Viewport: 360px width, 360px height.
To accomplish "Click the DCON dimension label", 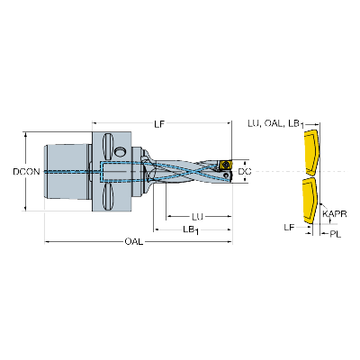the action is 26,172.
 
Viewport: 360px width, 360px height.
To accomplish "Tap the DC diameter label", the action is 245,172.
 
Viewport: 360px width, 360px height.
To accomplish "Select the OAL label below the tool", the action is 134,242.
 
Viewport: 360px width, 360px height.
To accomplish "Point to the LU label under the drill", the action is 198,216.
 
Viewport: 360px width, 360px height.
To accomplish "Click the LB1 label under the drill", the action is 192,229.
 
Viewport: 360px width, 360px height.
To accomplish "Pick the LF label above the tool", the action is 159,124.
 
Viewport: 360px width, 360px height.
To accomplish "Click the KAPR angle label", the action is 335,214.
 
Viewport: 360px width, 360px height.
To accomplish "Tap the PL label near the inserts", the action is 336,234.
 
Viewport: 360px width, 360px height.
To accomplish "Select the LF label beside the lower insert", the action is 290,228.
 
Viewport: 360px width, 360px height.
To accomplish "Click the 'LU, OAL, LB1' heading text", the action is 276,123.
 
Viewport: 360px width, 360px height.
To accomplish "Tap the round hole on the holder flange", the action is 121,151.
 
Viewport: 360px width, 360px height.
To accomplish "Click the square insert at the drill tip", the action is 225,165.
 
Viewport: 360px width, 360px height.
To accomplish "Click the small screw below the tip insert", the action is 226,175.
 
